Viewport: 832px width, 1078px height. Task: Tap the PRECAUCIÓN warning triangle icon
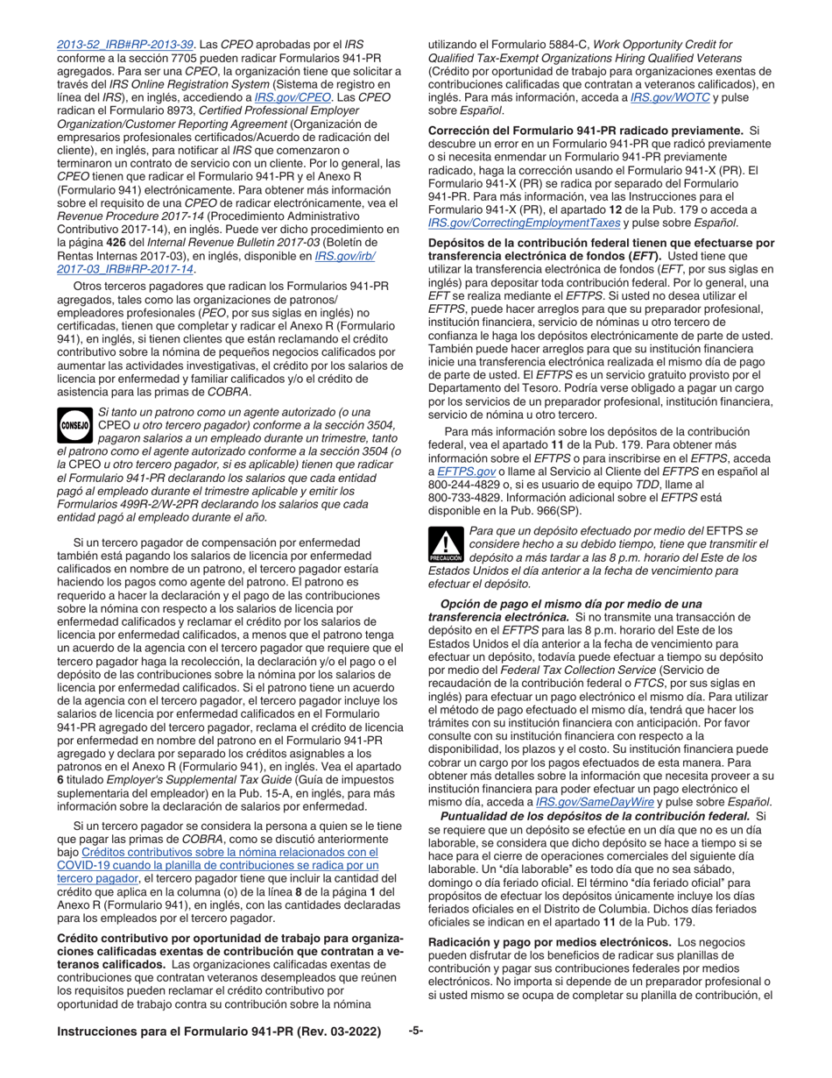pos(446,545)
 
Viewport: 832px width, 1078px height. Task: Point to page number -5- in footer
pos(416,1032)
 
